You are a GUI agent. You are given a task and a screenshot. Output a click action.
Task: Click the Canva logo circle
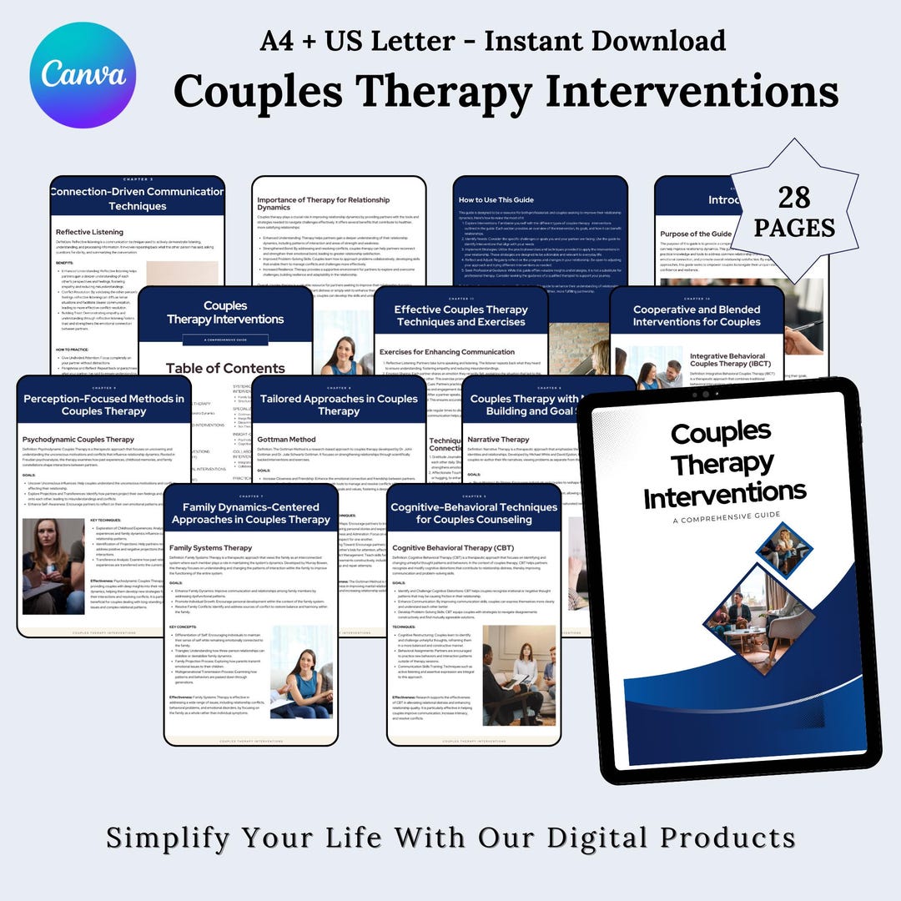pyautogui.click(x=82, y=75)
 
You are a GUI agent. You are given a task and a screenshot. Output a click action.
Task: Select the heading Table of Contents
pyautogui.click(x=225, y=368)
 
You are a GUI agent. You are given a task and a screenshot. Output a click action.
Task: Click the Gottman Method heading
pyautogui.click(x=287, y=439)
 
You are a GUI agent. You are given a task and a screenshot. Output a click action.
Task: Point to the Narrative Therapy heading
pyautogui.click(x=498, y=439)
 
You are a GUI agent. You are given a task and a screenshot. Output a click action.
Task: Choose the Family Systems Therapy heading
pyautogui.click(x=210, y=548)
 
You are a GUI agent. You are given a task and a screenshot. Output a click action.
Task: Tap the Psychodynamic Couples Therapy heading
pyautogui.click(x=78, y=439)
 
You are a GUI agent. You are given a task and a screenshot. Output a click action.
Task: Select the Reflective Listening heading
pyautogui.click(x=89, y=232)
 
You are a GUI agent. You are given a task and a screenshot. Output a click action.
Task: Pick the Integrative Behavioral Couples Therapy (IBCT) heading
pyautogui.click(x=732, y=361)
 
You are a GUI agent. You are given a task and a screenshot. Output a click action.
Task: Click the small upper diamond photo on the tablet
pyautogui.click(x=783, y=550)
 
